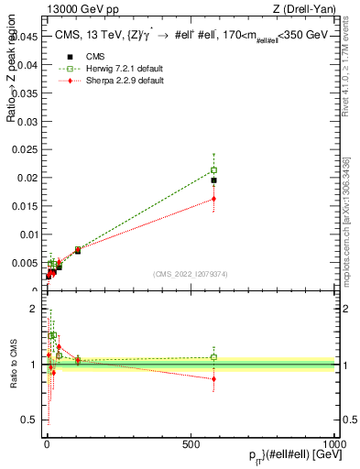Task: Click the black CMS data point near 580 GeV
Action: [x=213, y=180]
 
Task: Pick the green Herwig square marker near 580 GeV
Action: [x=213, y=169]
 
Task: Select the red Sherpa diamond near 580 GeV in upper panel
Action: [x=213, y=199]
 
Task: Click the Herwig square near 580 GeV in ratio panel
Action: [x=213, y=357]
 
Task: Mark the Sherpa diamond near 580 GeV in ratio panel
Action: [x=213, y=378]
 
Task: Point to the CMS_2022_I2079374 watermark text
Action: [x=191, y=273]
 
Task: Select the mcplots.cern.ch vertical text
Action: [x=346, y=220]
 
